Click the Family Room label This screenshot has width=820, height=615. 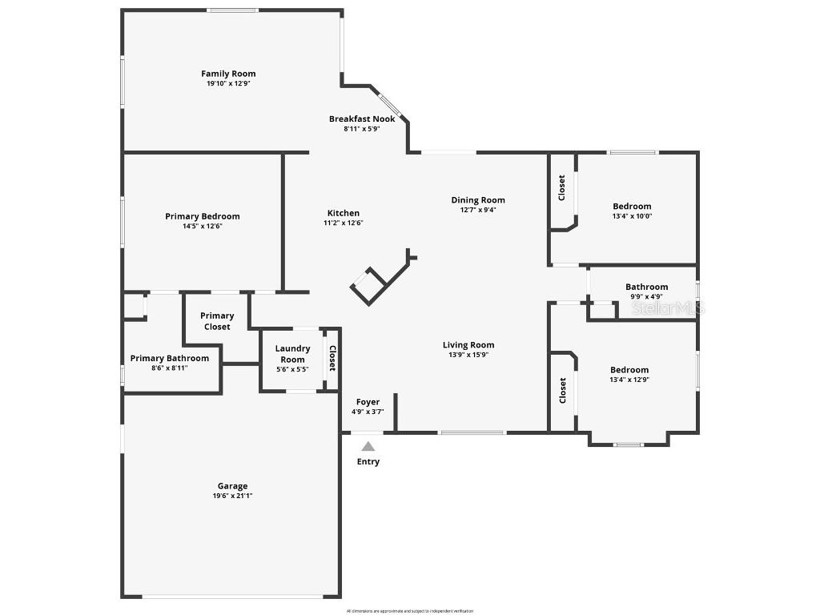coord(228,74)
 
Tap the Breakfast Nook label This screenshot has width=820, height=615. coord(362,119)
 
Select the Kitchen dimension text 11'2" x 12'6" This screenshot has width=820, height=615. coord(343,223)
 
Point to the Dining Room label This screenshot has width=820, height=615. coord(478,200)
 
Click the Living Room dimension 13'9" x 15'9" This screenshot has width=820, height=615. coord(468,355)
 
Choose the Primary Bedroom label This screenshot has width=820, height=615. coord(203,216)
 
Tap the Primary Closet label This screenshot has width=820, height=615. coord(217,321)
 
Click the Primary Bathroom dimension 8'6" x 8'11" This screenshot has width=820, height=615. coord(169,368)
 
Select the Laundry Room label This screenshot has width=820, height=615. coord(292,354)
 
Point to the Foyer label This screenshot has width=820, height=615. coord(368,402)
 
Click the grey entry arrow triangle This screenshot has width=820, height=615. coord(368,447)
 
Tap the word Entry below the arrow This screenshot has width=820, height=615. coord(368,462)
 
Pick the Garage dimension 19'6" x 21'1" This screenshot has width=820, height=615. coord(233,496)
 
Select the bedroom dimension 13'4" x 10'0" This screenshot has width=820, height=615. coord(632,216)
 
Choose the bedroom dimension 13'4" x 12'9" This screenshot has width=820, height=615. coord(629,380)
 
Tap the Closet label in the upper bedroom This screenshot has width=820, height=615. coord(562,188)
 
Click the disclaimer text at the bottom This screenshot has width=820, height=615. coord(410,611)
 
